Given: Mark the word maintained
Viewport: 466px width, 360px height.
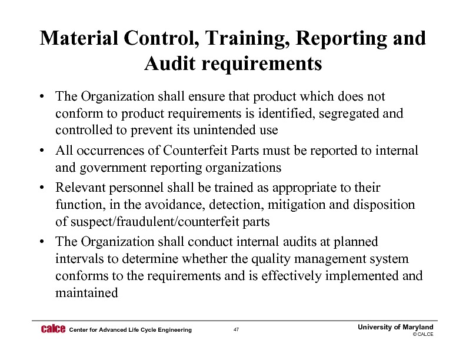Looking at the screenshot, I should [86, 292].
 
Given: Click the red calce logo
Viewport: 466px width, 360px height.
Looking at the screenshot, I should [53, 329].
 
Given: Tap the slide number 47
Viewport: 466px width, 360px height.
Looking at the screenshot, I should [236, 330].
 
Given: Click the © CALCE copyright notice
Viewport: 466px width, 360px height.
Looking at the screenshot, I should [422, 334].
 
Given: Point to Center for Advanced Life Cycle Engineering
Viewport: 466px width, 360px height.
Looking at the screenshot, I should [130, 330].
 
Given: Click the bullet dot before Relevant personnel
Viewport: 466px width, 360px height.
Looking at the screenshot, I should [45, 188].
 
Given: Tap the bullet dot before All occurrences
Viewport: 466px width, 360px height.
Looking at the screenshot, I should [45, 151].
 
